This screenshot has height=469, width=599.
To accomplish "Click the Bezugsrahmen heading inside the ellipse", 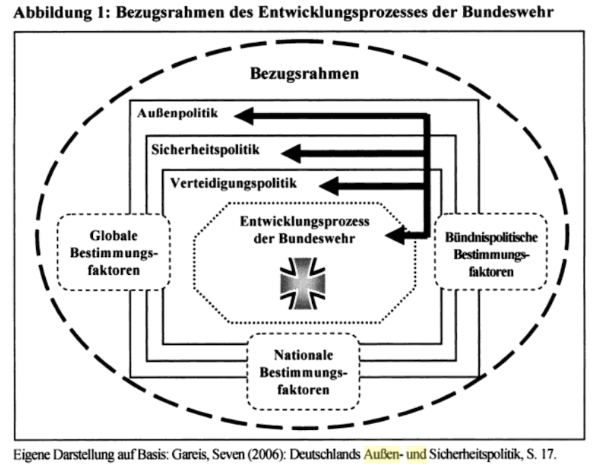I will [304, 75].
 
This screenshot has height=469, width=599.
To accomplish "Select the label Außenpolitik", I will [177, 113].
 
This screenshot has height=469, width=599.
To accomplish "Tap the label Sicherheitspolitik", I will [205, 150].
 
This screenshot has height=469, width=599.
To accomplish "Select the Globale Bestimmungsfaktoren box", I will [113, 253].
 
